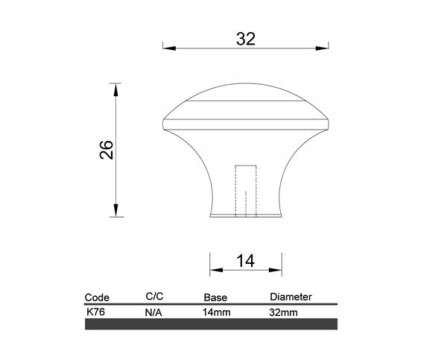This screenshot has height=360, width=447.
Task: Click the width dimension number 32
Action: tap(245, 40)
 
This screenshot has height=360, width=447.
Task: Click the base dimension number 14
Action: tap(245, 261)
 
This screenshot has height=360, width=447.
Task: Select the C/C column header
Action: tap(154, 297)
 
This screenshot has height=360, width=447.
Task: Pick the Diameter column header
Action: tap(291, 297)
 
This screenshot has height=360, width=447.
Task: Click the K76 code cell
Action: tap(95, 312)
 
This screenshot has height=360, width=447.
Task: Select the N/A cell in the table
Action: tap(153, 313)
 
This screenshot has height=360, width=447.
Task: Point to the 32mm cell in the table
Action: tap(284, 313)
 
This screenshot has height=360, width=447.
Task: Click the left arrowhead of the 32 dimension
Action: tap(168, 48)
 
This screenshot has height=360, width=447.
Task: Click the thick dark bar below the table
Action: tap(212, 325)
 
